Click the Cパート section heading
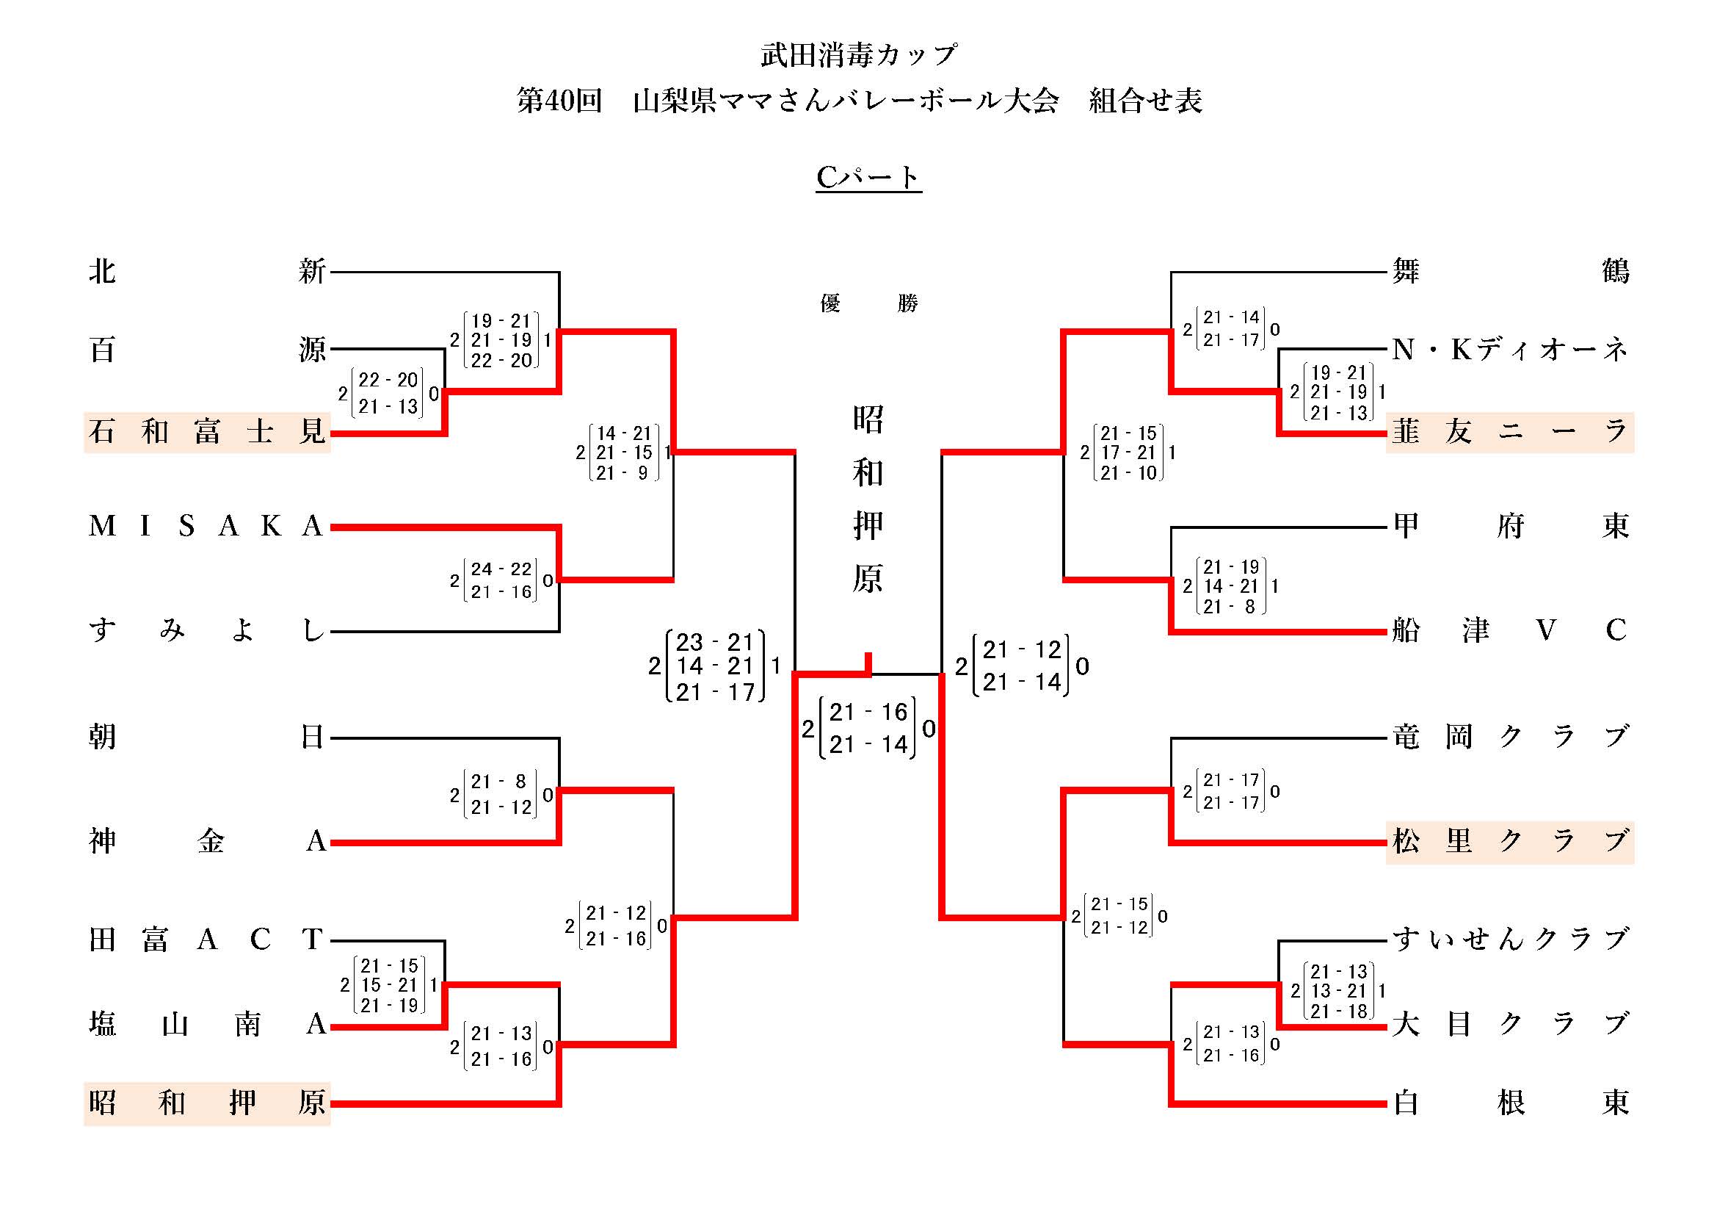(x=868, y=177)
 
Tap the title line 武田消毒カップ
(x=859, y=54)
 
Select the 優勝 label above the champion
(x=868, y=303)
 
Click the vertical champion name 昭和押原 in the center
(x=868, y=498)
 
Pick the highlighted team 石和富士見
(x=207, y=433)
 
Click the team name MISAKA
(x=207, y=527)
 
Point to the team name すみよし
(x=207, y=631)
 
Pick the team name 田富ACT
(x=207, y=939)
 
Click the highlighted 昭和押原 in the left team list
(x=207, y=1103)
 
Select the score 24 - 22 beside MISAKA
(x=501, y=569)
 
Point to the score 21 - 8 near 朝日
(x=500, y=782)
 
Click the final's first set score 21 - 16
(x=868, y=713)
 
